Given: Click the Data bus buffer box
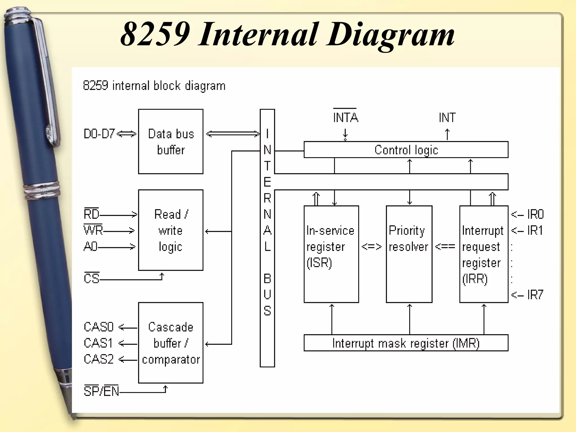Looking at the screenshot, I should pyautogui.click(x=171, y=141).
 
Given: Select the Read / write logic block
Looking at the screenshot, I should pyautogui.click(x=171, y=230).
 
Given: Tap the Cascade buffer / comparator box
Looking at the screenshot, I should pyautogui.click(x=171, y=343).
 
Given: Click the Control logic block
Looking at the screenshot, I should pyautogui.click(x=406, y=150).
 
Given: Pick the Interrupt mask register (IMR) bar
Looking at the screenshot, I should pyautogui.click(x=406, y=343).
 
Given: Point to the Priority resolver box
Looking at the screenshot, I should pyautogui.click(x=409, y=254).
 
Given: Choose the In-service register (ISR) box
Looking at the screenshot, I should pyautogui.click(x=331, y=254).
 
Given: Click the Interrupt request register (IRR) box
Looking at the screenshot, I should pyautogui.click(x=483, y=254).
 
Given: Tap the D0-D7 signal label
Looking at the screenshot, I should pyautogui.click(x=99, y=134).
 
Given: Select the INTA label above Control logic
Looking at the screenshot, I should pyautogui.click(x=345, y=117).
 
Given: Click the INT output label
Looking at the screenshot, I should pyautogui.click(x=447, y=118).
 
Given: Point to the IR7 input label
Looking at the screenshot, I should pyautogui.click(x=535, y=295).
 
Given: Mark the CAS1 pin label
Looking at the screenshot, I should pyautogui.click(x=98, y=343).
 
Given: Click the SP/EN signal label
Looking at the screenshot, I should pyautogui.click(x=101, y=391).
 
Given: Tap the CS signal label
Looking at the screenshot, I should pyautogui.click(x=92, y=278).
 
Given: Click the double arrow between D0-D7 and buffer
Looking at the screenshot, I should pyautogui.click(x=126, y=134).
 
